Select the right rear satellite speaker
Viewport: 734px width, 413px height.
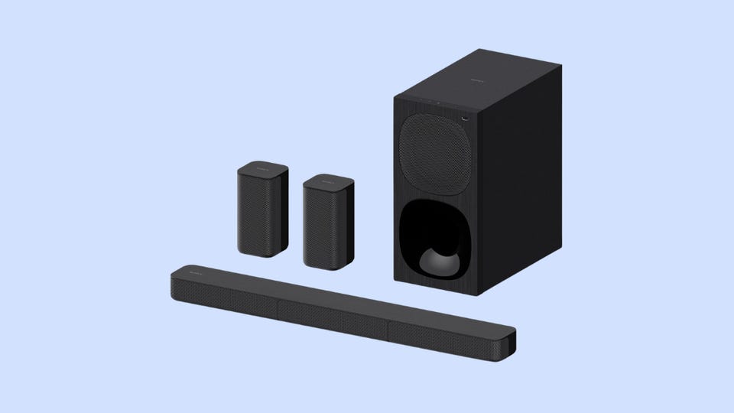coord(328,222)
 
